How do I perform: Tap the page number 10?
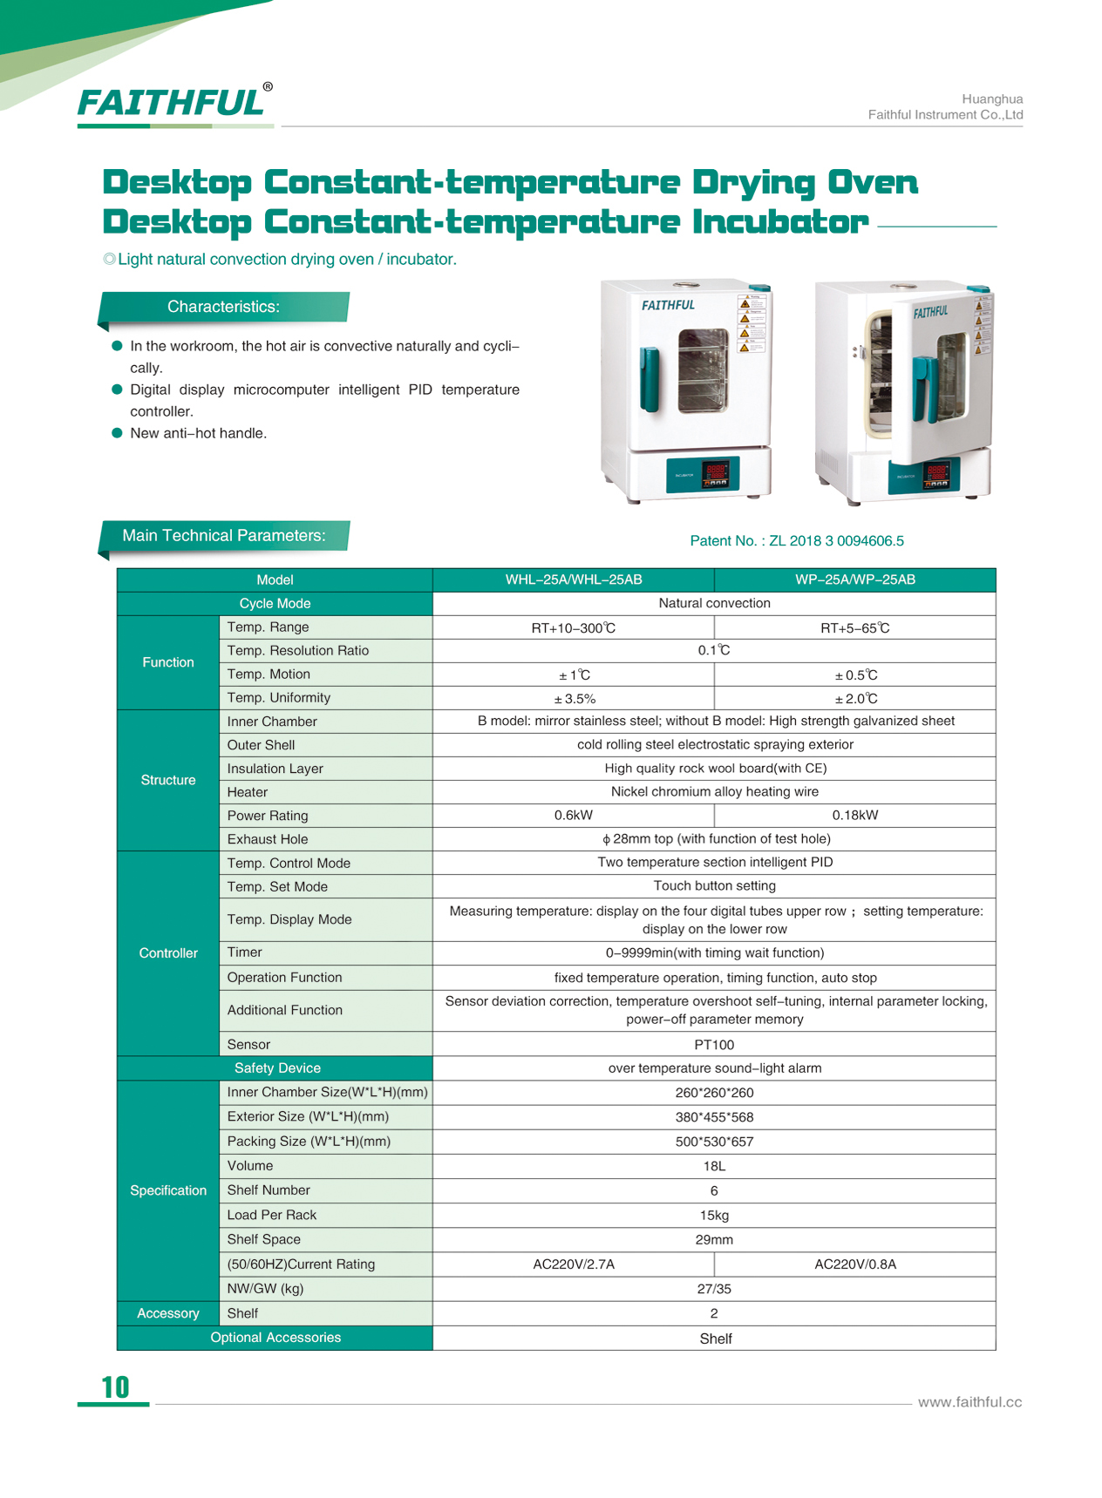[x=115, y=1386]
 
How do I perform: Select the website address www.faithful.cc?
[x=969, y=1402]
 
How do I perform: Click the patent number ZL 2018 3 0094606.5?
[x=835, y=541]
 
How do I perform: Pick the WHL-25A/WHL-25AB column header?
[x=573, y=580]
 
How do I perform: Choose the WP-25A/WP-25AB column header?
[x=854, y=580]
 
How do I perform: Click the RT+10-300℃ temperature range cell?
[x=573, y=628]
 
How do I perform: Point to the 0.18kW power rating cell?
[x=854, y=816]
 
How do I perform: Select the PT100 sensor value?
[x=714, y=1045]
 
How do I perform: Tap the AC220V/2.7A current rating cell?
[x=573, y=1264]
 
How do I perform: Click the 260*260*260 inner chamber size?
[x=714, y=1093]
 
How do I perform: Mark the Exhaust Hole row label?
[x=268, y=839]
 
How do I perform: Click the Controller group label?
[x=168, y=953]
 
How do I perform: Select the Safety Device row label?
[x=276, y=1068]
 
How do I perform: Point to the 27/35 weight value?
[x=714, y=1289]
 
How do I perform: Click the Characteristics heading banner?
[x=224, y=307]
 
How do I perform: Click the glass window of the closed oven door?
[x=703, y=369]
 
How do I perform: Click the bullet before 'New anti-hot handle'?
[x=117, y=433]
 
